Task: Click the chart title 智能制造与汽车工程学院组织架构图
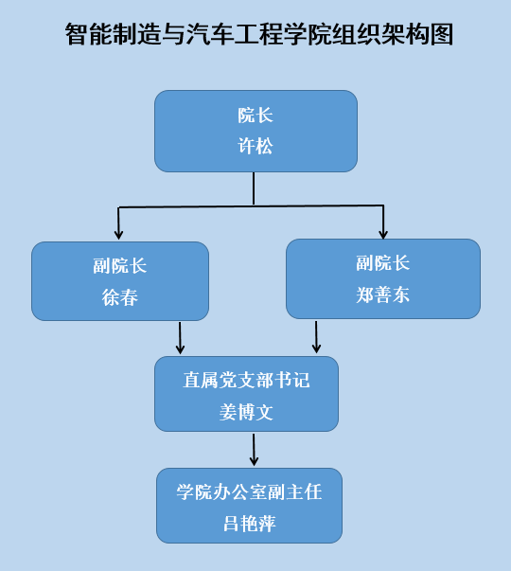click(259, 34)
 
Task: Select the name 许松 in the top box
click(255, 146)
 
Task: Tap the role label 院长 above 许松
click(255, 116)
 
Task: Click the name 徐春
click(120, 297)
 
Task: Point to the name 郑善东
click(383, 294)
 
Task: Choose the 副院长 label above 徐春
click(120, 265)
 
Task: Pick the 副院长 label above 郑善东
click(383, 262)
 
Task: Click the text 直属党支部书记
click(246, 380)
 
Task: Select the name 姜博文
click(246, 412)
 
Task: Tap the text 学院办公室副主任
click(249, 492)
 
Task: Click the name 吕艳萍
click(249, 524)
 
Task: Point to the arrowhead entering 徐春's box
click(118, 235)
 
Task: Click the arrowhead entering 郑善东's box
click(383, 234)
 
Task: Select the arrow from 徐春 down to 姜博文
click(180, 337)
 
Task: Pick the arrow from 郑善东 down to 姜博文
click(316, 337)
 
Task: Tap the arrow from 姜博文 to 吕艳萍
click(254, 450)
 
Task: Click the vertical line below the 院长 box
click(254, 188)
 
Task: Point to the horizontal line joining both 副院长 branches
click(251, 206)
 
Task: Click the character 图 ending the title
click(442, 34)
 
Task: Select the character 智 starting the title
click(78, 34)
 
